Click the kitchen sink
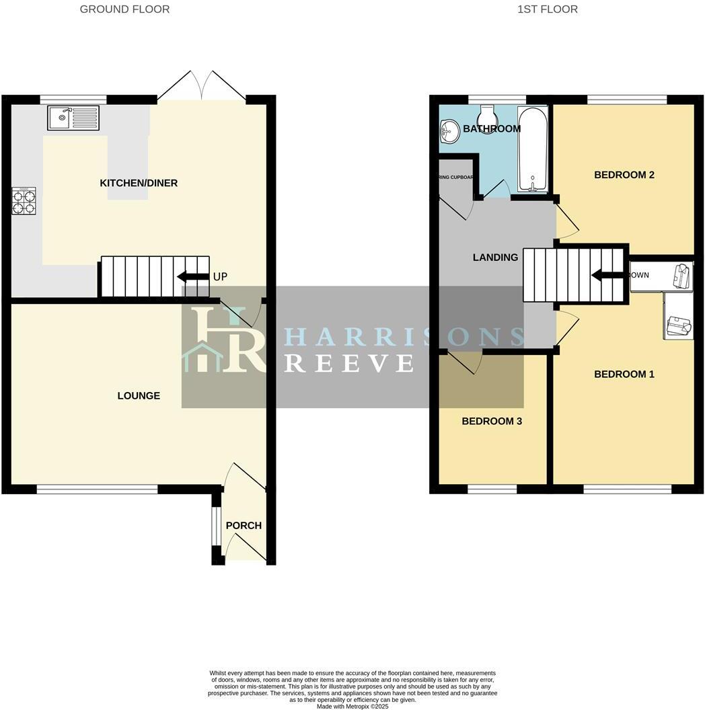click(x=73, y=118)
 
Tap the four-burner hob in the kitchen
click(x=24, y=201)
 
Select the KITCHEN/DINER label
click(x=139, y=183)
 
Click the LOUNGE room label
click(x=139, y=396)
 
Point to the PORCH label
click(x=244, y=525)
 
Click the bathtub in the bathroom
click(x=533, y=149)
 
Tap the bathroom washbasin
click(x=449, y=132)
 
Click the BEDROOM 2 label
click(x=624, y=175)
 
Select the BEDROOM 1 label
click(x=624, y=374)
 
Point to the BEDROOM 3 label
click(x=492, y=421)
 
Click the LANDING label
click(x=495, y=257)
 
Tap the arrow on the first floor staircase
click(x=606, y=275)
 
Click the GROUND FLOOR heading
click(x=124, y=9)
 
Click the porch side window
click(x=215, y=525)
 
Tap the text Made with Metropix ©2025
click(x=352, y=706)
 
